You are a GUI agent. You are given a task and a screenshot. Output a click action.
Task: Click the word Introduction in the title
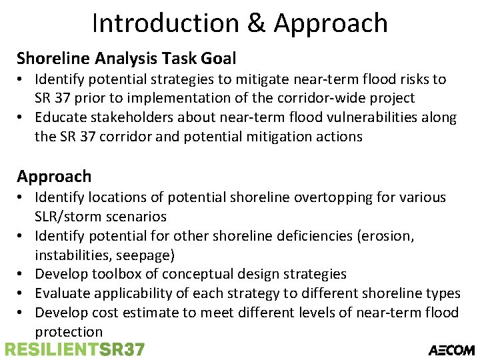pos(162,23)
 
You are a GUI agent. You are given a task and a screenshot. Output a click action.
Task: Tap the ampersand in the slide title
pos(256,23)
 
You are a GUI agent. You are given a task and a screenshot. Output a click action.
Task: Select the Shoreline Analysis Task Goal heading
pos(127,59)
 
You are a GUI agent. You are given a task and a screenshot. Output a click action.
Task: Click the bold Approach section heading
pos(54,177)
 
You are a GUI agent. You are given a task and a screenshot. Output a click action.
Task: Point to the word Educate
pos(61,118)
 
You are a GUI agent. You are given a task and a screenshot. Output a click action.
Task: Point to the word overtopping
pos(315,197)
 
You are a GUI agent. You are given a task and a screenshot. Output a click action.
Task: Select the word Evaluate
pos(63,293)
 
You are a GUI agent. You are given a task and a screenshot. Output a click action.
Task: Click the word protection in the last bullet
pos(69,332)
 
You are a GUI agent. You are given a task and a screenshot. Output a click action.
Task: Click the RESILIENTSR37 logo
pos(74,349)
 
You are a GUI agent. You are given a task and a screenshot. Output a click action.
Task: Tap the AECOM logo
pos(451,349)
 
